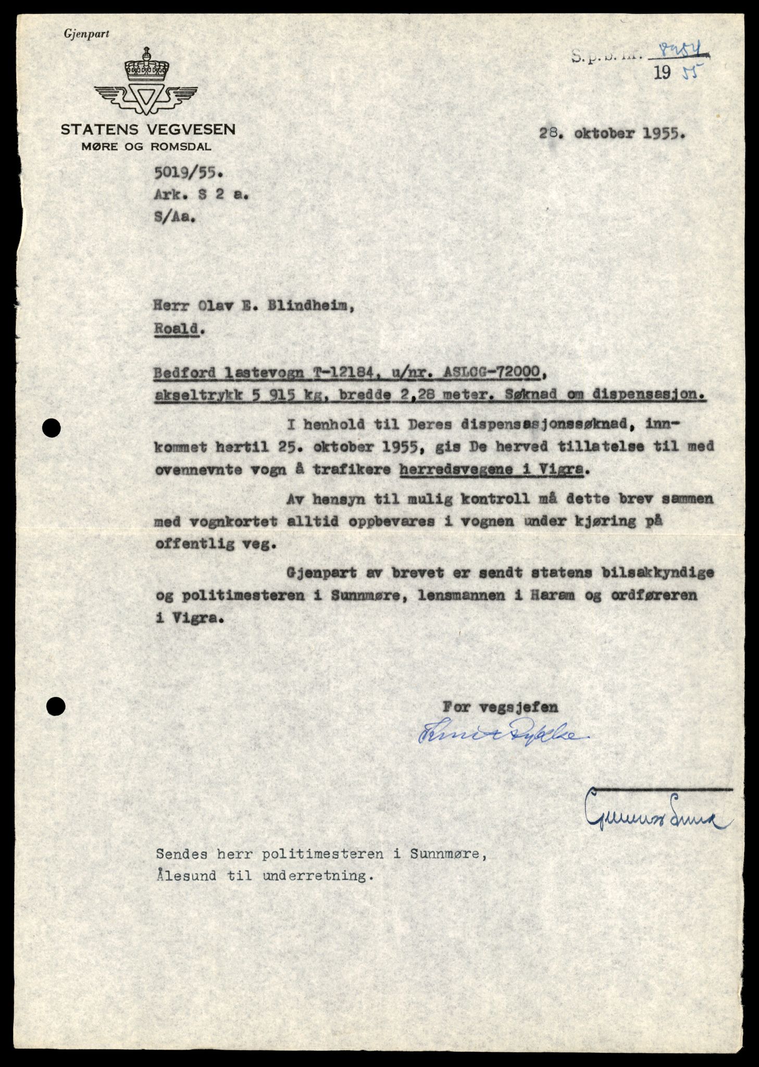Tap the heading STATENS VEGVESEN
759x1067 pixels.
click(148, 130)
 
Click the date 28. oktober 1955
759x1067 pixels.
click(612, 133)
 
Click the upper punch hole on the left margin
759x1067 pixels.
click(53, 428)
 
